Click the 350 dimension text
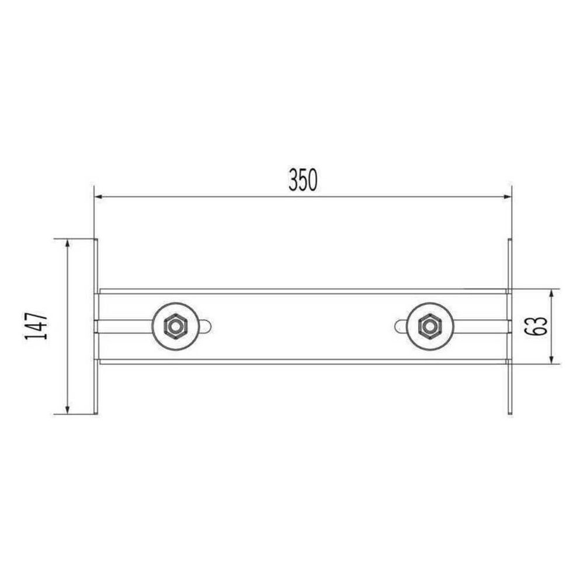[303, 180]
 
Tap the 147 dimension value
[36, 326]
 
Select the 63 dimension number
[537, 326]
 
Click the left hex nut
[174, 326]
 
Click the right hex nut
[429, 326]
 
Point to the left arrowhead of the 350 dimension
[98, 197]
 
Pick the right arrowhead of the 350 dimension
[507, 197]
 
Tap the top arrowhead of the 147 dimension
[67, 244]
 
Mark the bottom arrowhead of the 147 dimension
[67, 409]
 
